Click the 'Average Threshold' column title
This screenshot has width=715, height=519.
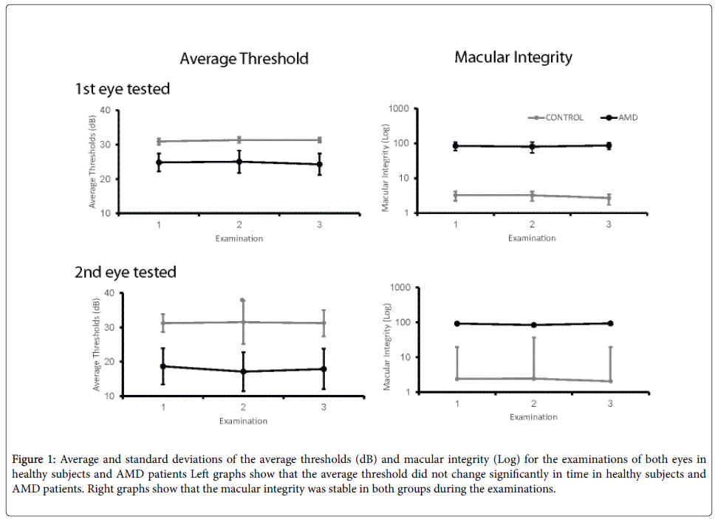[244, 59]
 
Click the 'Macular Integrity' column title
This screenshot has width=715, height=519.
[513, 57]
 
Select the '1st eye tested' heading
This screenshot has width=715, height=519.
[122, 89]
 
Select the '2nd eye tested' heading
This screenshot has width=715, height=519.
[125, 272]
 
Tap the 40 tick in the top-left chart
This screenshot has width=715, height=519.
[106, 111]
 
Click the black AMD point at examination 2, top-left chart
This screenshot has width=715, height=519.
[239, 162]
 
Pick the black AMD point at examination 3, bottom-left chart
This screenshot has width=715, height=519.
[323, 369]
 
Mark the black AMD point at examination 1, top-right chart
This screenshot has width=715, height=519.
[456, 146]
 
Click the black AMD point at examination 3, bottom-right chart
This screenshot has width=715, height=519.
[609, 323]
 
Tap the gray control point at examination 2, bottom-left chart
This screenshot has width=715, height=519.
[243, 322]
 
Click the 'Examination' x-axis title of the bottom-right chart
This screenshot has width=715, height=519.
[533, 417]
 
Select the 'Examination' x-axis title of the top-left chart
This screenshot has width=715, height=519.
[239, 238]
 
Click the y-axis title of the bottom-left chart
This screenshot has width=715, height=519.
[95, 345]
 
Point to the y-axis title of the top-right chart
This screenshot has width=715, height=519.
[386, 162]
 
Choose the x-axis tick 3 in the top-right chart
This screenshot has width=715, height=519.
[609, 224]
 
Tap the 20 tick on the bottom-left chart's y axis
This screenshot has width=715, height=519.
[109, 362]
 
